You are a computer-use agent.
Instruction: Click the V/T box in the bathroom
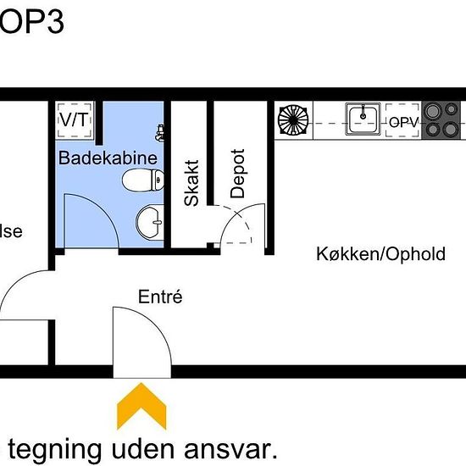74,119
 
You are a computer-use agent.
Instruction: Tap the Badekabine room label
108,158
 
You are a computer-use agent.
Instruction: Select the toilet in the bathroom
142,180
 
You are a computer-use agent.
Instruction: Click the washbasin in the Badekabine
150,221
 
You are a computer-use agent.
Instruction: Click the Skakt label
192,182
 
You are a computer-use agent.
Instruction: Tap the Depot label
237,174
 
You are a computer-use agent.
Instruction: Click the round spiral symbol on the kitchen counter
294,120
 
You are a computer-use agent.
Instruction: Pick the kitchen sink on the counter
363,120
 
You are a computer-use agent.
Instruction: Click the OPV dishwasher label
404,123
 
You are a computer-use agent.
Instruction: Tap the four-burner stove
443,119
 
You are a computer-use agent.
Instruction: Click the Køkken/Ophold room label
380,253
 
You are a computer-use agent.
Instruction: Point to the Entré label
160,297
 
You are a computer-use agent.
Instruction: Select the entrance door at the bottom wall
141,339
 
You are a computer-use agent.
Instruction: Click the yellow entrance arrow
141,406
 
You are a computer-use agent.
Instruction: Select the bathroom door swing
89,220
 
